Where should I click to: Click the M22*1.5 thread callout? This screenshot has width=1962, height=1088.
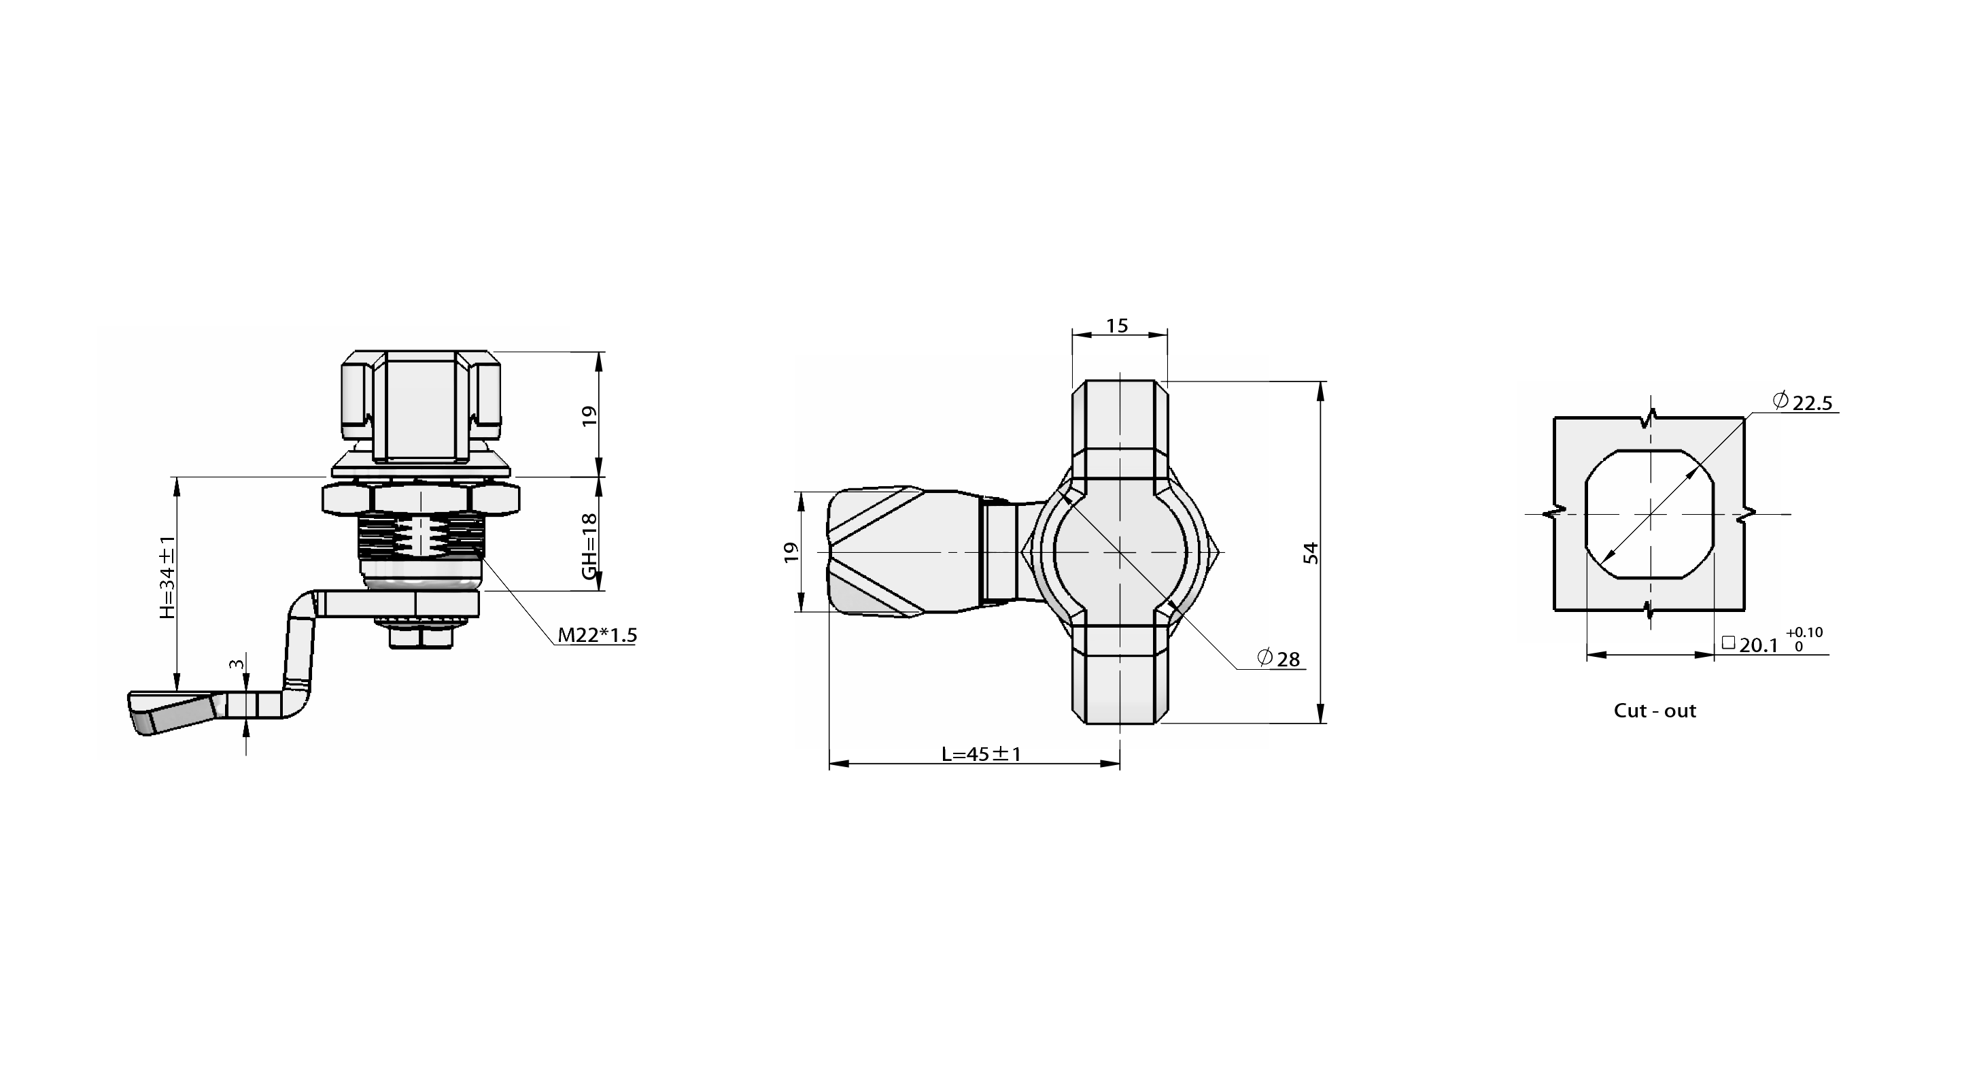597,634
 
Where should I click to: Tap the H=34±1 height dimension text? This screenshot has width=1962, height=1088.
167,577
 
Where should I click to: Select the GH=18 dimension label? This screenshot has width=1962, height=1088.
589,546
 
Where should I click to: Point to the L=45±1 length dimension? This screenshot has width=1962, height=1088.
981,754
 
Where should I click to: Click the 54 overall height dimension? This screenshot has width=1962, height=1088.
1310,552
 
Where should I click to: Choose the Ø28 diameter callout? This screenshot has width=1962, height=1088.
1279,658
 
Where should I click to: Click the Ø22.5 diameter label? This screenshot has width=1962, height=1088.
1802,401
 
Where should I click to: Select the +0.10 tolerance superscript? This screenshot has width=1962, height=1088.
1804,632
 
